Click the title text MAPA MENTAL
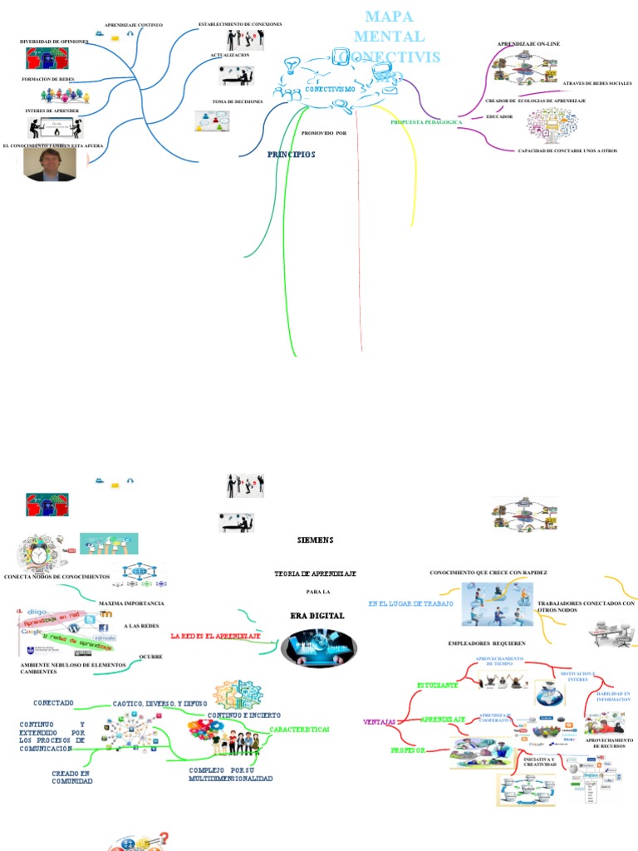[389, 27]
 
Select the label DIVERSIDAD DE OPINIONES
[54, 41]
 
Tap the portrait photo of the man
[50, 165]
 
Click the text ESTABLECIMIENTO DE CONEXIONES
[240, 24]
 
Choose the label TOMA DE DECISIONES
[238, 101]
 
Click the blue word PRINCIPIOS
[291, 155]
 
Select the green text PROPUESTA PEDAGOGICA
[426, 122]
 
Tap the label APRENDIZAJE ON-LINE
[528, 42]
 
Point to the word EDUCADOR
[499, 116]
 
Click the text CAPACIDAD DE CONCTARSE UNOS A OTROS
[567, 150]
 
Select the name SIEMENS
[315, 539]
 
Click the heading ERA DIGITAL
[317, 616]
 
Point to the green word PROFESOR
[408, 750]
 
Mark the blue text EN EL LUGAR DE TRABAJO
[410, 603]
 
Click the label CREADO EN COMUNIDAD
[72, 777]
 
